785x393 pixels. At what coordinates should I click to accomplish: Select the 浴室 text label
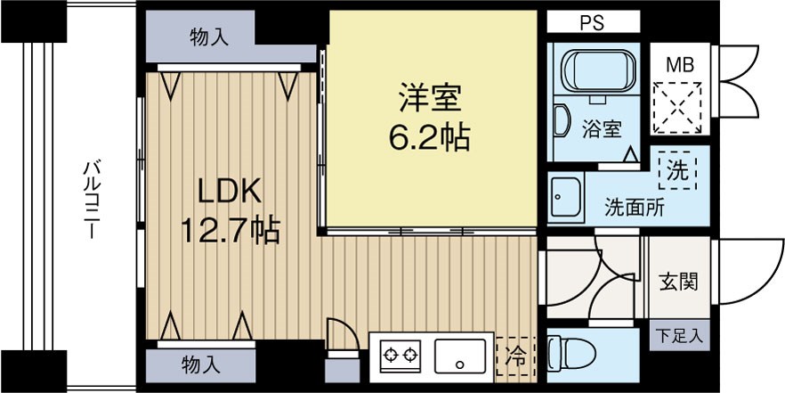[602, 128]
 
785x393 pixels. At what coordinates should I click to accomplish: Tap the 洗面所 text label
[635, 209]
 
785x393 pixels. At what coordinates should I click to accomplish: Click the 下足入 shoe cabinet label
[679, 337]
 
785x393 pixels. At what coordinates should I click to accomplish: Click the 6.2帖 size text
[429, 137]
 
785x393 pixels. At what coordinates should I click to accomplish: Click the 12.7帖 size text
[230, 231]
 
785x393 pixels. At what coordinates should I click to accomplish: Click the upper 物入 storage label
[208, 37]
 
